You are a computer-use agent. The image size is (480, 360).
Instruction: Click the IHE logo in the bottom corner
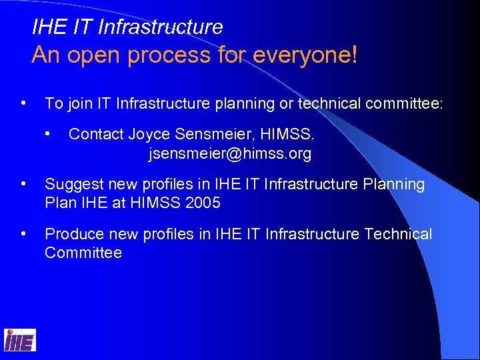(20, 341)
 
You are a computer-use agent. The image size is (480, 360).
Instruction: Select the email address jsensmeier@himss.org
(230, 154)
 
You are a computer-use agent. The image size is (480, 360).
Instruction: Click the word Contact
(96, 134)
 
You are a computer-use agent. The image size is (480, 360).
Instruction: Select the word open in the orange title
(95, 55)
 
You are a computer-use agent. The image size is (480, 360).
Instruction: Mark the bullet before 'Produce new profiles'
(24, 234)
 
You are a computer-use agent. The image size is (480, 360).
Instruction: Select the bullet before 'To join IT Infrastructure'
(24, 103)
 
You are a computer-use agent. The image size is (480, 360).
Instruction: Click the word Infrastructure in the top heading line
(160, 27)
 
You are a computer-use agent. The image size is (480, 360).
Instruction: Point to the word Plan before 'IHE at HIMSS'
(59, 203)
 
